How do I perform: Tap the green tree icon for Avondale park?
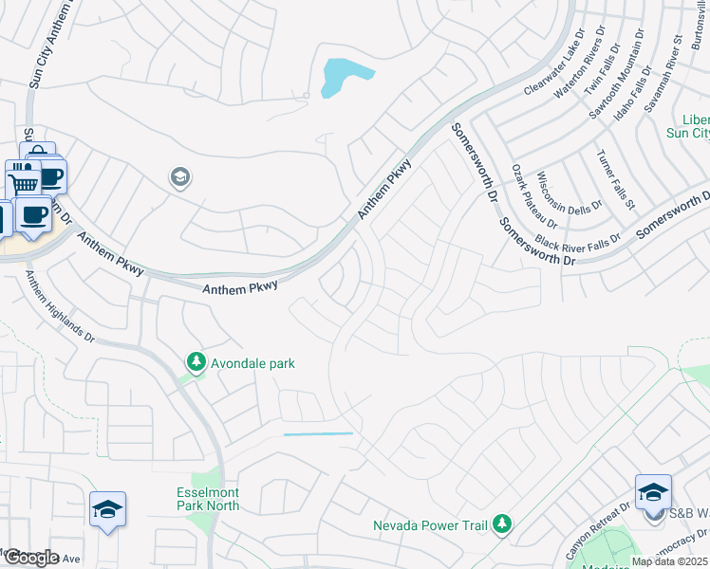click(196, 362)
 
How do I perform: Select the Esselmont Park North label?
click(209, 499)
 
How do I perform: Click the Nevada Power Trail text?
click(431, 524)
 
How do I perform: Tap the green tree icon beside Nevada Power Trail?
click(502, 523)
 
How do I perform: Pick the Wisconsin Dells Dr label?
click(569, 193)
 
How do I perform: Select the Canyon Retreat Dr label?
click(596, 530)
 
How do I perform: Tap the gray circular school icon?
click(179, 177)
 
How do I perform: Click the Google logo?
click(31, 558)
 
